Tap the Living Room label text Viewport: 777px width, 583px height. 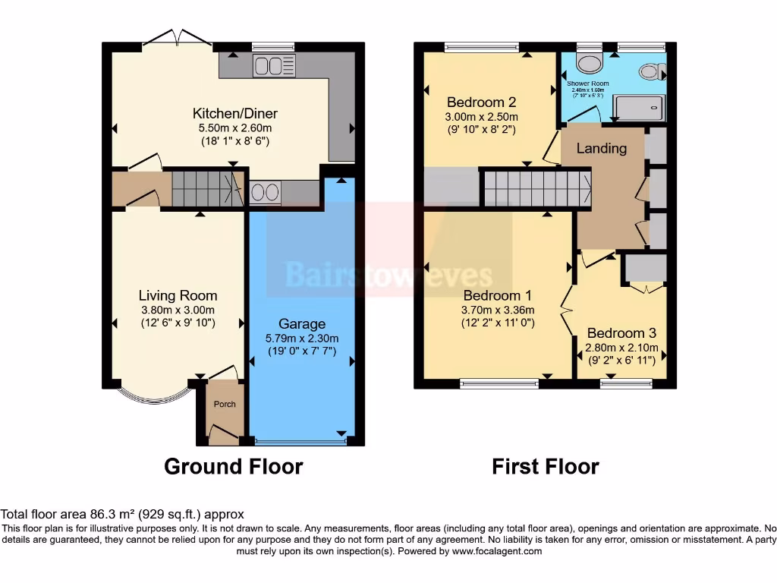tap(178, 296)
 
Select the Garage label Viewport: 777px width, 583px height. tap(301, 324)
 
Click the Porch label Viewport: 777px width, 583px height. tap(224, 404)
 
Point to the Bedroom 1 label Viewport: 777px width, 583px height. tap(497, 295)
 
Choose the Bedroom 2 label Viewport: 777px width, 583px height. tap(481, 102)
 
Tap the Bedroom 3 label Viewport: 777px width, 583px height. tap(621, 333)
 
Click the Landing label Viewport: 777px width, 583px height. tap(602, 148)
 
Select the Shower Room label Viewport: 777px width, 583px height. tap(588, 83)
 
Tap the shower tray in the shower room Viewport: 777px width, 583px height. tap(638, 108)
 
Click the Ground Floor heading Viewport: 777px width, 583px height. tap(234, 466)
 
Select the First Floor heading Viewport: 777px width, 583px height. tap(545, 466)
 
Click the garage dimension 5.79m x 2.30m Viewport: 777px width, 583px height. tap(301, 338)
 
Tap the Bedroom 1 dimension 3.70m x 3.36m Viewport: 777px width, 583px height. tap(497, 310)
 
